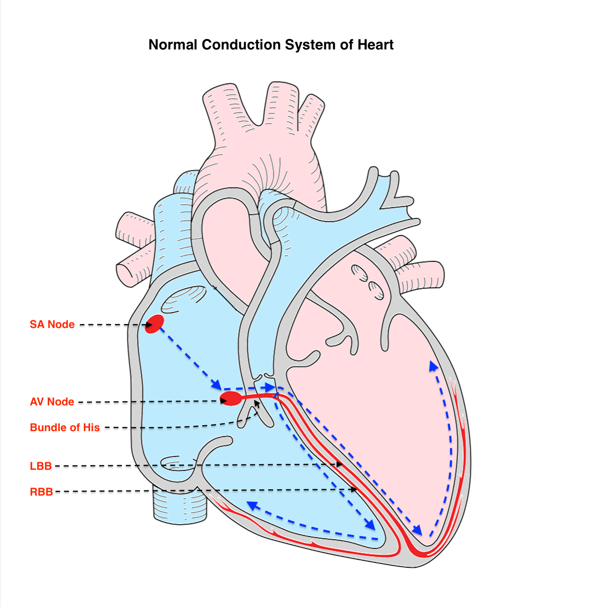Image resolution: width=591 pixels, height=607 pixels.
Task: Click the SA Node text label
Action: pos(52,324)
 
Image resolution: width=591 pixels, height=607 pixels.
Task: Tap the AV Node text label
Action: pos(52,402)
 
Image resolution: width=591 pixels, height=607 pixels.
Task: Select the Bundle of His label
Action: pos(65,428)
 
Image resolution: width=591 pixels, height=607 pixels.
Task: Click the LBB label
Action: pos(41,466)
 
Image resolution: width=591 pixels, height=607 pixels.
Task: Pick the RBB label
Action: pos(41,492)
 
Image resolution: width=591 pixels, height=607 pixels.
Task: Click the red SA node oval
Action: pos(154,324)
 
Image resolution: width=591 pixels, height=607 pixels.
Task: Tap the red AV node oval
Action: pos(231,398)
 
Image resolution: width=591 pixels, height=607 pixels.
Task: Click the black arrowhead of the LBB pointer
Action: pos(339,464)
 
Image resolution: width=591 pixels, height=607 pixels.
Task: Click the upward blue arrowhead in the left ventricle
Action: pos(433,366)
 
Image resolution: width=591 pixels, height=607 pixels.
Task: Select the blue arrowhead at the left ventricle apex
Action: pos(417,530)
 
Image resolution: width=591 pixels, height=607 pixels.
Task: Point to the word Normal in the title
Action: pos(172,45)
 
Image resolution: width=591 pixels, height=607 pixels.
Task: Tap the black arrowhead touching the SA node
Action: pos(149,325)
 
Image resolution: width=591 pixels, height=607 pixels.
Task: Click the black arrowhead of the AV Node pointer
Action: pos(223,401)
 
